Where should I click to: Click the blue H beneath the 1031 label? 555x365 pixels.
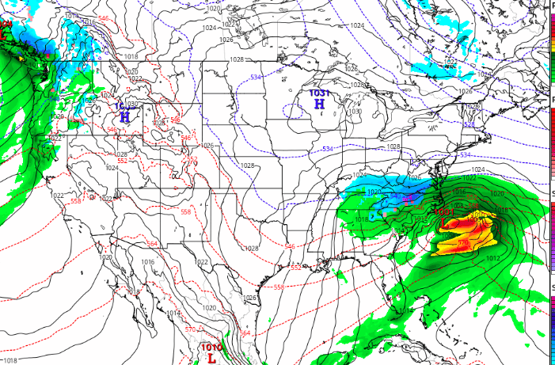coord(319,104)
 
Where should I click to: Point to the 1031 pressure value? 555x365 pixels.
coord(319,93)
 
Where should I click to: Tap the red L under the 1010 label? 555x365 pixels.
coord(211,357)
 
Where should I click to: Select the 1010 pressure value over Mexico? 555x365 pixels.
coord(211,347)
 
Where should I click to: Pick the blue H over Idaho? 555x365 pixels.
coord(124,116)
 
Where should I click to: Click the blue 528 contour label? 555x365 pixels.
coord(469,124)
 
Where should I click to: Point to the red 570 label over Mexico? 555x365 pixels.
coord(189,329)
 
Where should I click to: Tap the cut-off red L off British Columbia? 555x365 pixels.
coord(3,35)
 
